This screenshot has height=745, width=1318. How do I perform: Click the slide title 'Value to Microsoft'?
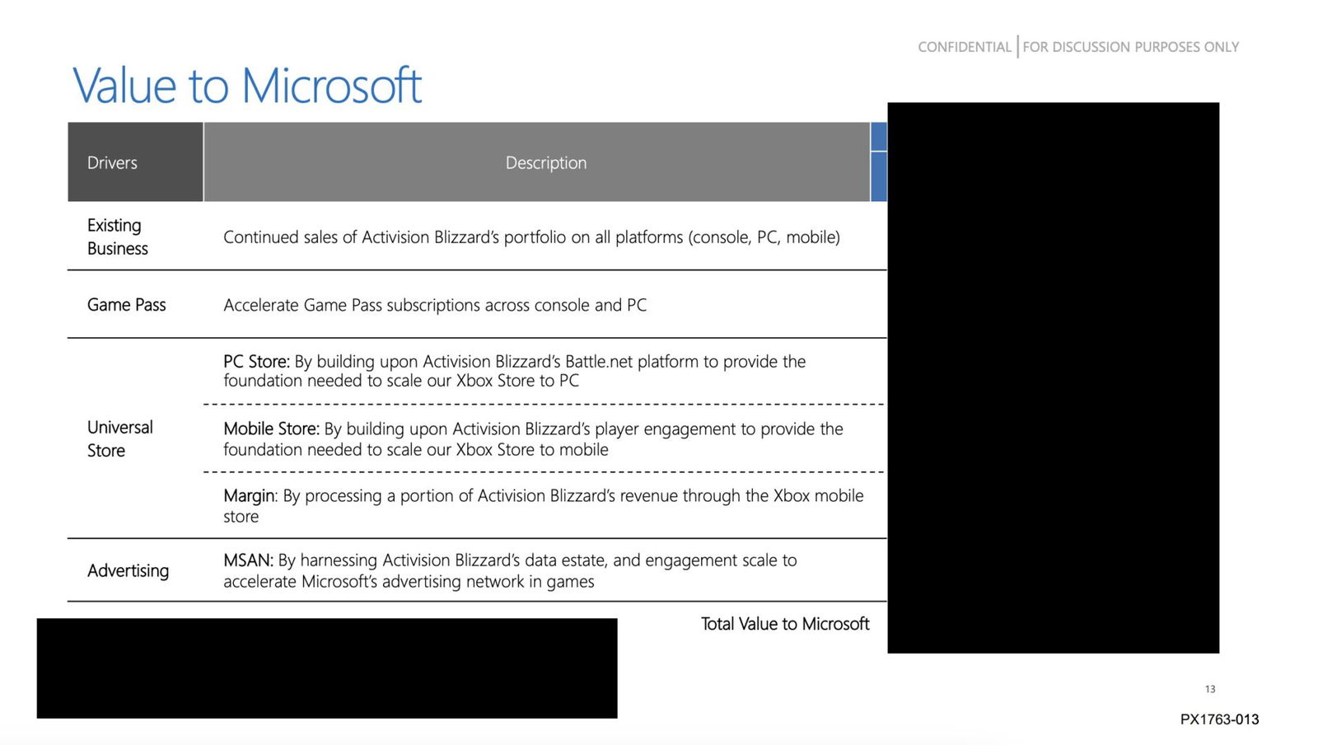247,85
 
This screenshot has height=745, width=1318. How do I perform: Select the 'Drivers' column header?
112,162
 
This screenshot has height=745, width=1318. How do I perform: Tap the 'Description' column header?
545,162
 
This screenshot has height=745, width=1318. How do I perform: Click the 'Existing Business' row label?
118,237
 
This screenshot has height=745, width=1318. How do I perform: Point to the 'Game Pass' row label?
126,305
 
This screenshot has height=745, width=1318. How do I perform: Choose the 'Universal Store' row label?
119,438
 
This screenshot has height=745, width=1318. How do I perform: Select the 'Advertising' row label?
128,570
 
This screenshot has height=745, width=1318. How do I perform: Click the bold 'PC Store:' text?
256,361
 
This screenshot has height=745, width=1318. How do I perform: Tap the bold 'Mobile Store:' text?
271,429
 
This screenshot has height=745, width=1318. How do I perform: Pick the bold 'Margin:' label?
250,495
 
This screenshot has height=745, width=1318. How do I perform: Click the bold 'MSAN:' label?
248,560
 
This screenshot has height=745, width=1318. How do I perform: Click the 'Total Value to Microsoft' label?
784,624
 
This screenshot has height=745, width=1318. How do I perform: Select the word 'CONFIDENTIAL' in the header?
964,47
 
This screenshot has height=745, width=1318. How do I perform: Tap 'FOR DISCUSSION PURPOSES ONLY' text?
1130,47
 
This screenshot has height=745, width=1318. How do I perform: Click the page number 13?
1209,689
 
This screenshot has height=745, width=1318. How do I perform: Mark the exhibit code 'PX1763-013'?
1219,719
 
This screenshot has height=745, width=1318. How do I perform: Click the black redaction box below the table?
327,668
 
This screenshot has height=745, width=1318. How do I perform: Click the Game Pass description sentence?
435,305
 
